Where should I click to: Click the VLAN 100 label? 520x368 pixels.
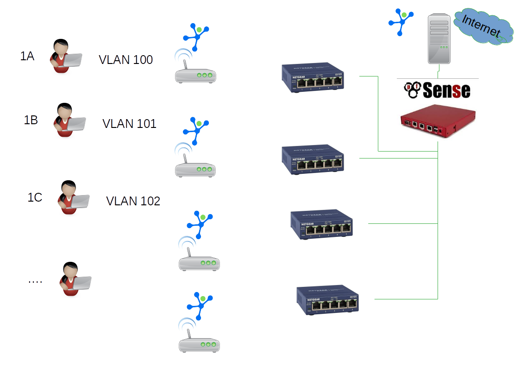click(x=125, y=60)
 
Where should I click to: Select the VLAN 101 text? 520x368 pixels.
click(x=129, y=124)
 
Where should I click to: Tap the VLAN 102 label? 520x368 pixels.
click(x=133, y=201)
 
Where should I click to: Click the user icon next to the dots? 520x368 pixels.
click(x=75, y=279)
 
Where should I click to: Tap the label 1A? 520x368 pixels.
click(x=27, y=57)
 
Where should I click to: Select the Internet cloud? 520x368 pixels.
click(x=483, y=27)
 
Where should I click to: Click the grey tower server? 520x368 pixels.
click(x=439, y=38)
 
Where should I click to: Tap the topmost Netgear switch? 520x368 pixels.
click(x=314, y=78)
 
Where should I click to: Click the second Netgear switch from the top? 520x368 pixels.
click(x=313, y=159)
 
